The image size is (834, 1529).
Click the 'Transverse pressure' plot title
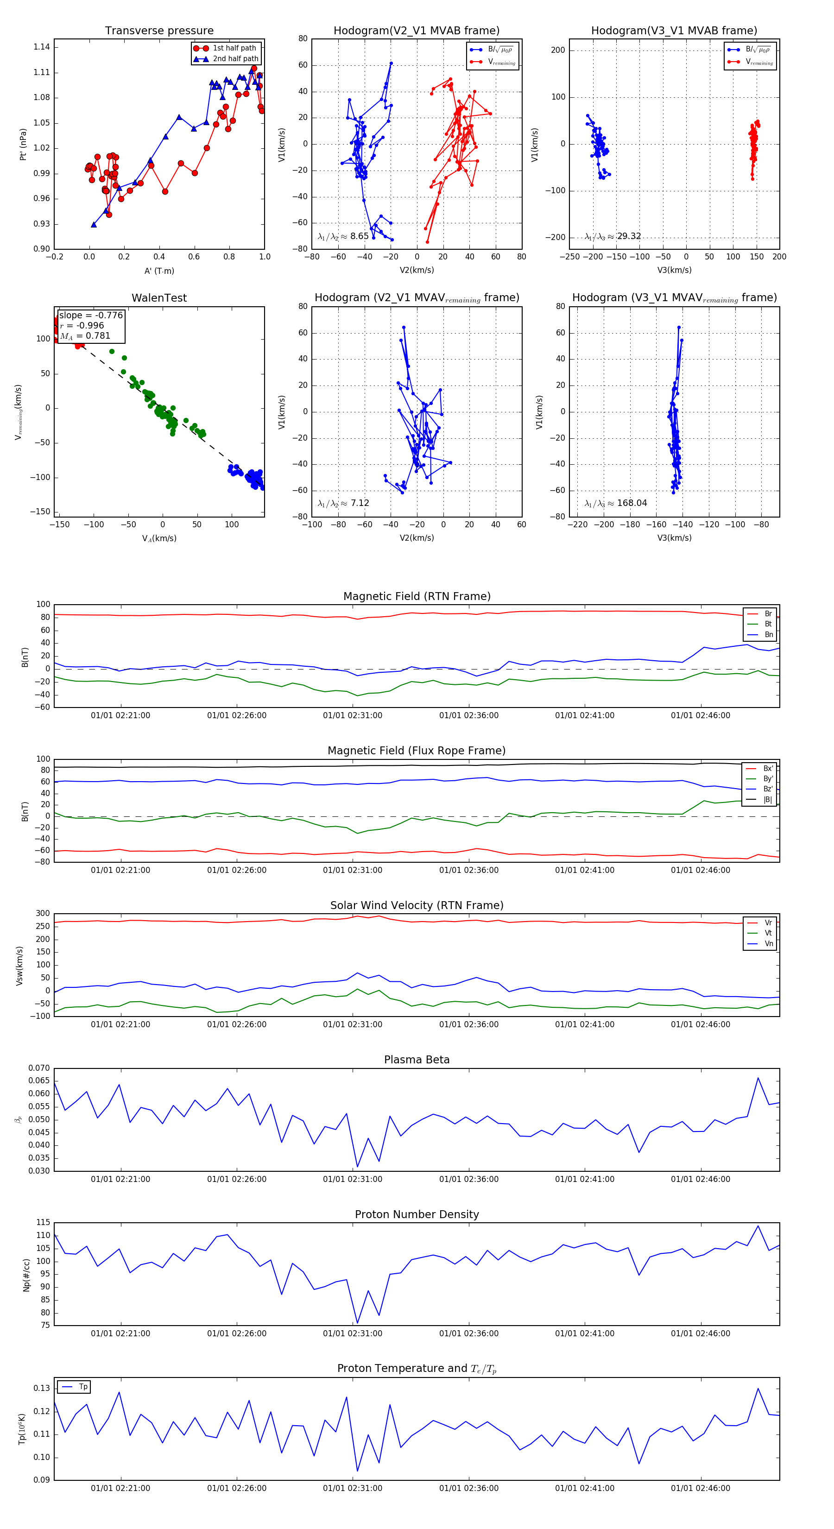pos(159,31)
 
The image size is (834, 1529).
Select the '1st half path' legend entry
pos(234,48)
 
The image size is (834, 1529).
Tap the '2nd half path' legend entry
pos(235,59)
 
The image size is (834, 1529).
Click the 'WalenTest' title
pos(159,298)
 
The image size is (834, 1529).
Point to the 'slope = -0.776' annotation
pos(91,315)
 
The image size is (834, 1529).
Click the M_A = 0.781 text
pos(85,336)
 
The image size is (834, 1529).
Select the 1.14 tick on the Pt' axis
pos(42,47)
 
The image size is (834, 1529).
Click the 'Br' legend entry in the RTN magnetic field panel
pos(768,614)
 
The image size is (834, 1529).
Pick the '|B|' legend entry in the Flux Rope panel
pos(768,800)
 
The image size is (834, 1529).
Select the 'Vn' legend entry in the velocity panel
pos(768,944)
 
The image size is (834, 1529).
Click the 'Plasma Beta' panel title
pos(417,1060)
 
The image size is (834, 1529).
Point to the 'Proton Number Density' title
pos(417,1214)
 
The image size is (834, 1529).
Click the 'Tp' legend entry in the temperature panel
pos(83,1387)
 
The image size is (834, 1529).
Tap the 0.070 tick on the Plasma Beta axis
pos(39,1068)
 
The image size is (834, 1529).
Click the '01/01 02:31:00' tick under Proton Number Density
pos(353,1334)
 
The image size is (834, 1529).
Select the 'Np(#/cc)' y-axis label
pos(26,1274)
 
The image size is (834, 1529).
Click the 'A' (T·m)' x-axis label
pos(159,271)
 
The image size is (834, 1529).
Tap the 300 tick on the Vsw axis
pos(43,914)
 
